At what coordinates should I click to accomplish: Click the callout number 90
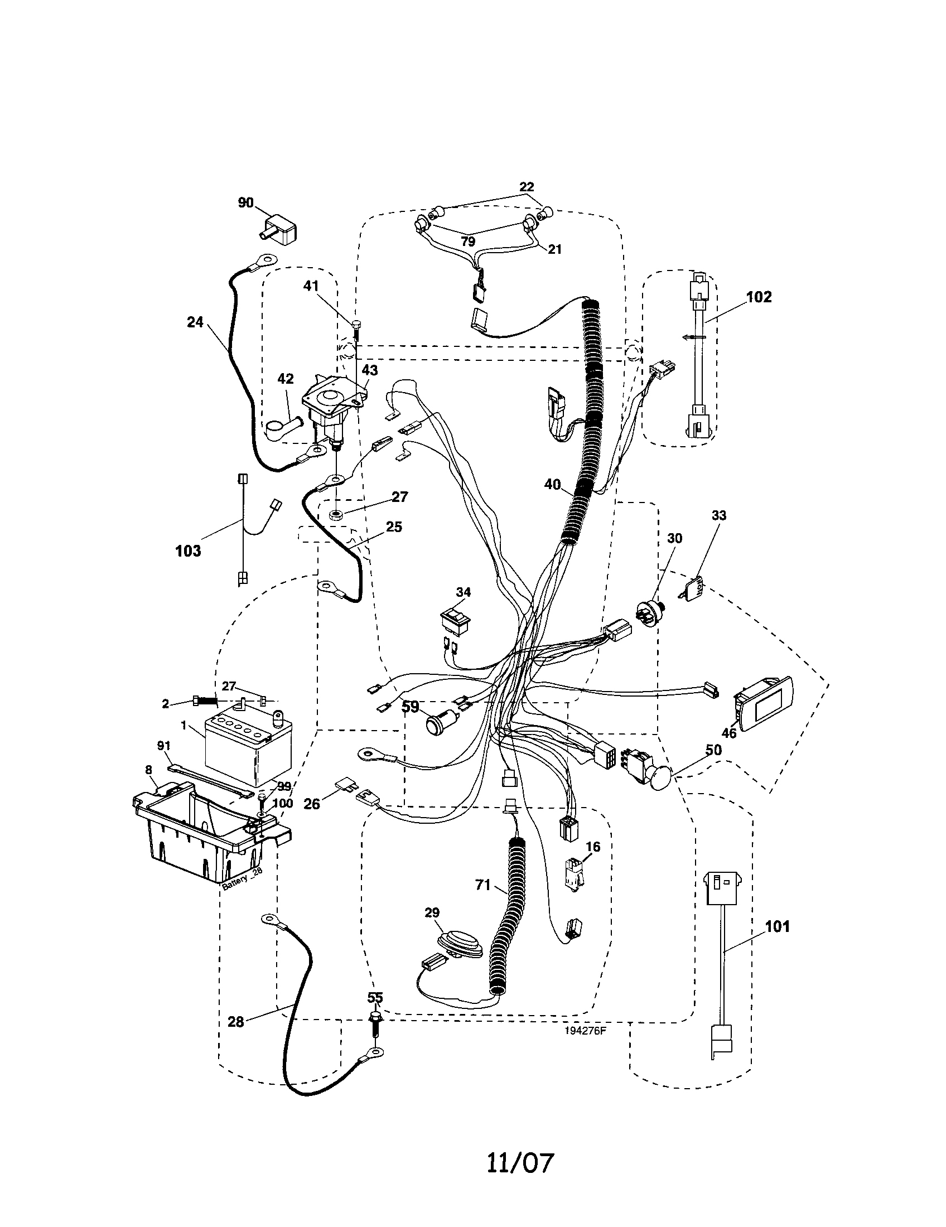coord(246,203)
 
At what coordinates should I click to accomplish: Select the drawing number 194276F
coord(585,1031)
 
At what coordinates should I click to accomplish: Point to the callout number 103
coord(187,550)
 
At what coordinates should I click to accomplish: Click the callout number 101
coord(778,926)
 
